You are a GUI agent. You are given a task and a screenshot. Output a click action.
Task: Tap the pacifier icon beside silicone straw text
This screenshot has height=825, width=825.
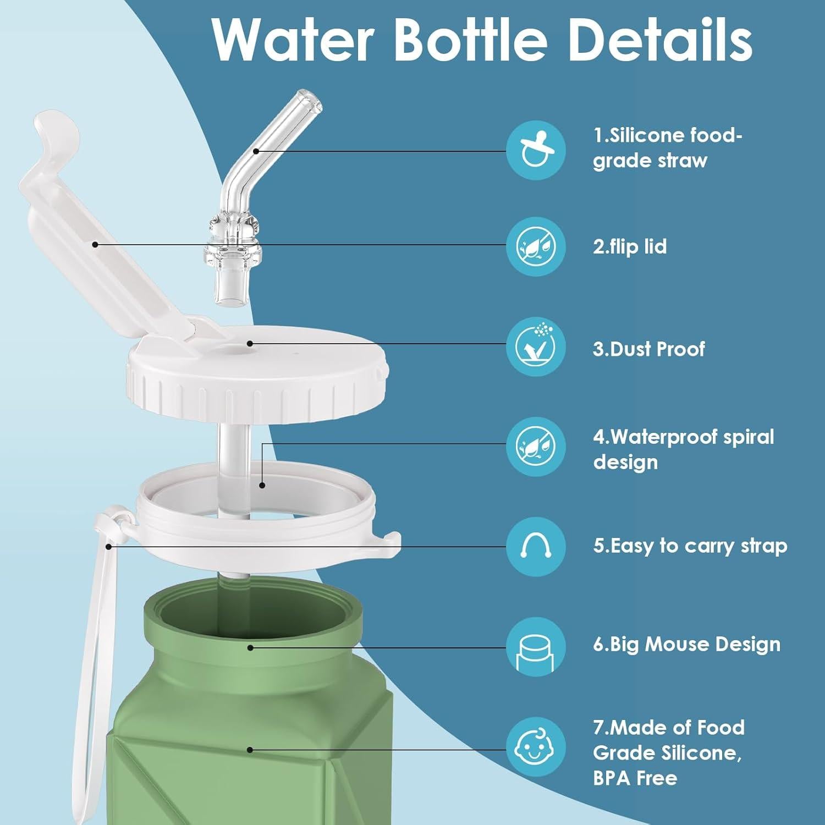point(535,150)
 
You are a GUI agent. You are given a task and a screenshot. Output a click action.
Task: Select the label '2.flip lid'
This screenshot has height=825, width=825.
point(630,246)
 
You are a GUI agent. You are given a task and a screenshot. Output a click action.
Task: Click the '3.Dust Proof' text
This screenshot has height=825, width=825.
point(649,349)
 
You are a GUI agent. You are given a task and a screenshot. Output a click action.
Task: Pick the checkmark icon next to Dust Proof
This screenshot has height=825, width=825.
point(535,346)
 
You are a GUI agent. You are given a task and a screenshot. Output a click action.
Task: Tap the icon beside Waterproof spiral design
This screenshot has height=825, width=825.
point(535,446)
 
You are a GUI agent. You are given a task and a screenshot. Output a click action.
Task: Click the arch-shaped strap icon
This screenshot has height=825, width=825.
point(535,546)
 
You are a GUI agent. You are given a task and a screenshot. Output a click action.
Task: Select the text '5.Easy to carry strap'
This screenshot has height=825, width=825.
point(690,546)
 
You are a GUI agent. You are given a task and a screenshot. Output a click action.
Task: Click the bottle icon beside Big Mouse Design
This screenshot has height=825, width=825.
point(535,647)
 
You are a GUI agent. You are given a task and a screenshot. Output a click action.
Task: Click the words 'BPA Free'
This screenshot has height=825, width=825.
point(635,778)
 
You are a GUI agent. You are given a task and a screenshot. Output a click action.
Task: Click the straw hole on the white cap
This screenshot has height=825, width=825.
point(249,343)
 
